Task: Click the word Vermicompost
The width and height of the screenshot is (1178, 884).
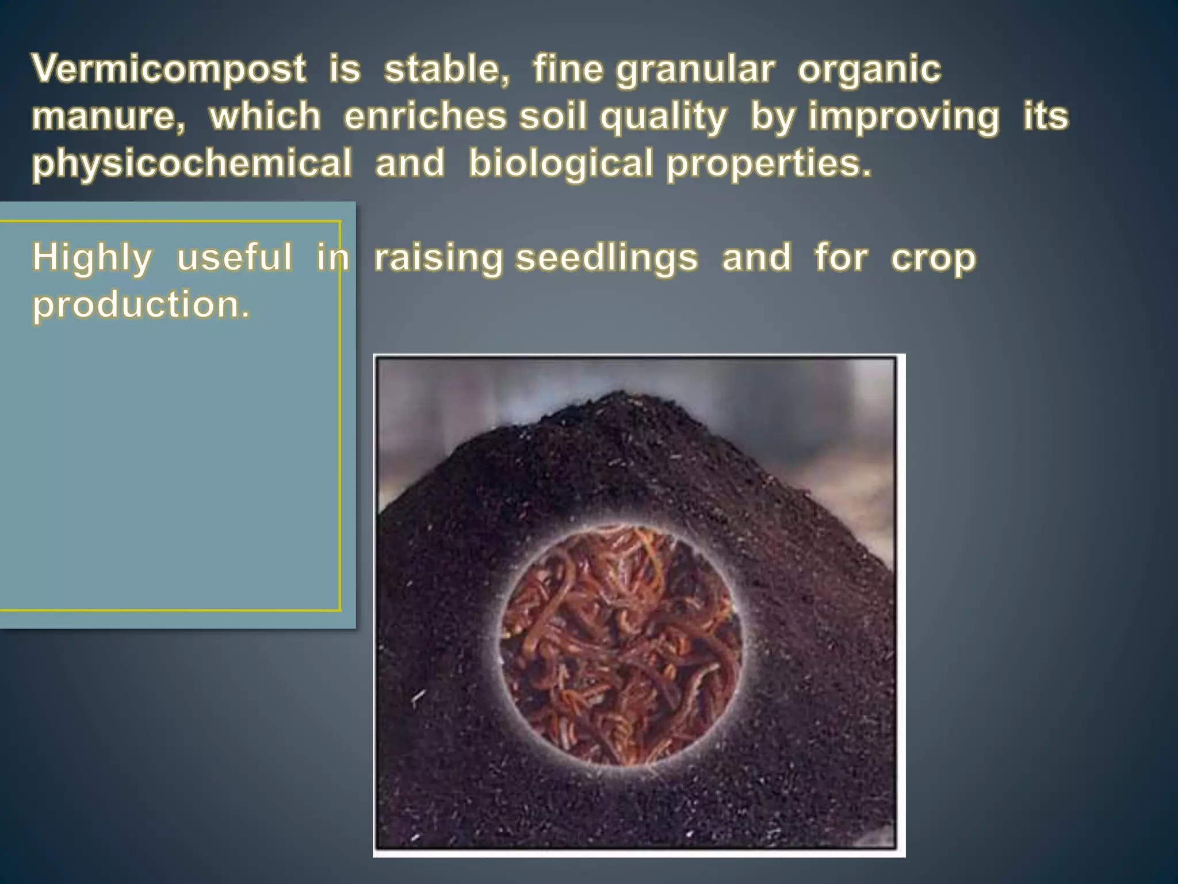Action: click(x=169, y=70)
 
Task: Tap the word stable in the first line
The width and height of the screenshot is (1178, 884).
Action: click(x=446, y=70)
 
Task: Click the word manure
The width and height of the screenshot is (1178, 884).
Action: click(x=108, y=116)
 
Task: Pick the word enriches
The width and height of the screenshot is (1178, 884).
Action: click(x=425, y=116)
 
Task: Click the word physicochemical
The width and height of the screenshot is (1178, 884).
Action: click(x=192, y=163)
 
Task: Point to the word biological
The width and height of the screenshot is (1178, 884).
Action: click(x=560, y=163)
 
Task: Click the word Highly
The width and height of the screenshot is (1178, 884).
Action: click(x=92, y=258)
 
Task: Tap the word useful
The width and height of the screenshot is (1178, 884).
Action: click(x=234, y=257)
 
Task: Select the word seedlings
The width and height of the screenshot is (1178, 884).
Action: click(x=606, y=258)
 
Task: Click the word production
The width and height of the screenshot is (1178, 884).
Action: click(x=141, y=305)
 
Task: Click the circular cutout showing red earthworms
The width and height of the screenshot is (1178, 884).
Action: click(x=620, y=645)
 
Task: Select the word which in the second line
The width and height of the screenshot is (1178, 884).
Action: click(x=265, y=116)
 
